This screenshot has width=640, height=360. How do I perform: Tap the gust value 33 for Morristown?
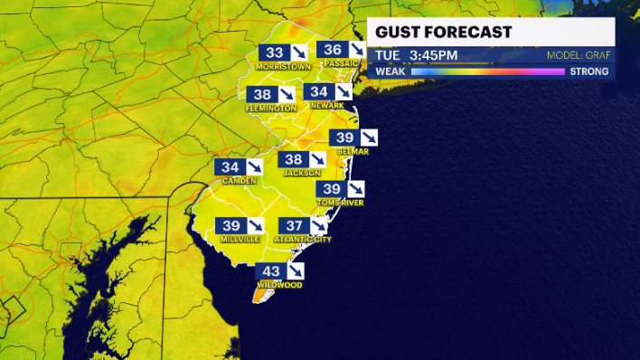[x=274, y=53]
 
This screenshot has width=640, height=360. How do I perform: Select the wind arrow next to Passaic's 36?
[x=356, y=50]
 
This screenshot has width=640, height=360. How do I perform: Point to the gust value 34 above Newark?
[x=317, y=92]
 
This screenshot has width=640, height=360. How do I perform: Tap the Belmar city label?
[x=353, y=151]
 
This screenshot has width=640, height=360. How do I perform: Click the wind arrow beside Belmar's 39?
[x=369, y=137]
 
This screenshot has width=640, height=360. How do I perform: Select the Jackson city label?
[x=302, y=172]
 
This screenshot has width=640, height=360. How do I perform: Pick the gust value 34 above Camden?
[x=230, y=167]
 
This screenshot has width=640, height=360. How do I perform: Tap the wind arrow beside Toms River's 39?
[x=357, y=188]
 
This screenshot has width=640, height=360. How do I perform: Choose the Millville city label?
[x=240, y=239]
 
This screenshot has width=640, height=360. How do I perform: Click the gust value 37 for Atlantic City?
[x=294, y=225]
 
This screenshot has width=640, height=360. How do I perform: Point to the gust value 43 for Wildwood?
[x=271, y=270]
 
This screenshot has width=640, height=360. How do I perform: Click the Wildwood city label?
[x=278, y=284]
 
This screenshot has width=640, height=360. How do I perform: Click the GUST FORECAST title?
[x=443, y=33]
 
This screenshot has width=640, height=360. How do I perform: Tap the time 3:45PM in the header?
[x=433, y=56]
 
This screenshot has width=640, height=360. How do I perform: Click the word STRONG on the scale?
[x=588, y=71]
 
